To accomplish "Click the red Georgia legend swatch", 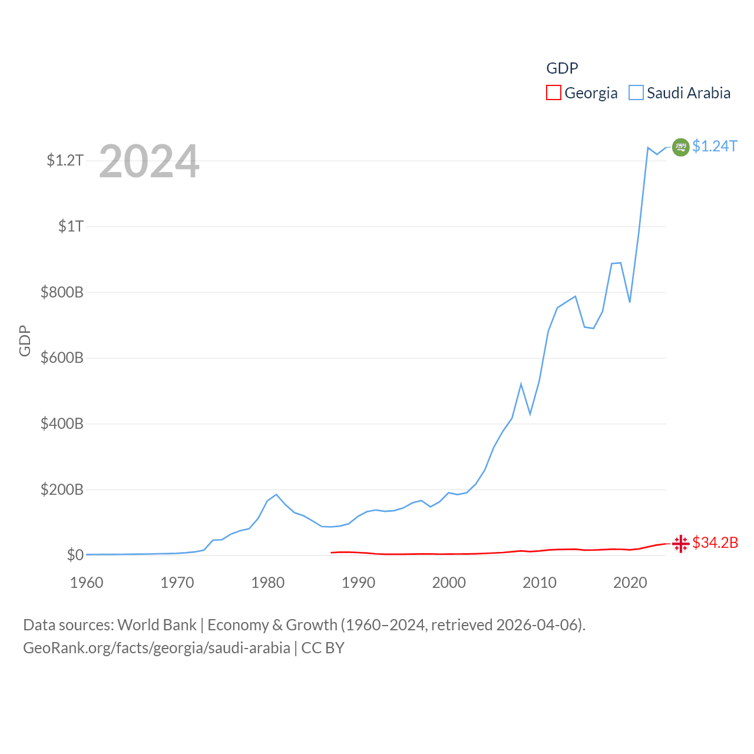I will click(553, 93).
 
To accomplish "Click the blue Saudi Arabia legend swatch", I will click(636, 93).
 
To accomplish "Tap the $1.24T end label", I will click(715, 146).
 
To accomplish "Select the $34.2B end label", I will click(715, 543).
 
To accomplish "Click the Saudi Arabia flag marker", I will click(680, 147).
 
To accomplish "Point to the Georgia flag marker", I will click(680, 543).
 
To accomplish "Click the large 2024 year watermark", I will click(149, 161).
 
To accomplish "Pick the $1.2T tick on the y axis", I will click(65, 160).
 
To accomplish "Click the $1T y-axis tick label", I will click(71, 226).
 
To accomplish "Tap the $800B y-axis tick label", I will click(62, 292).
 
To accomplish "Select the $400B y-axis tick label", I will click(62, 424).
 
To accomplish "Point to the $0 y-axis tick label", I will click(75, 555).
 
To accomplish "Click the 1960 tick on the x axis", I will click(87, 583).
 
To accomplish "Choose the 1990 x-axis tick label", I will click(358, 583).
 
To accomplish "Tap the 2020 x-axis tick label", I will click(630, 583).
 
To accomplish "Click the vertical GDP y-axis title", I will click(25, 340).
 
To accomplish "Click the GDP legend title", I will click(562, 68).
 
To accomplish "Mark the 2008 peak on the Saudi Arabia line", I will click(521, 384).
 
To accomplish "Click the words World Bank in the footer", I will click(157, 625).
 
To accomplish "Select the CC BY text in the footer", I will click(323, 648).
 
